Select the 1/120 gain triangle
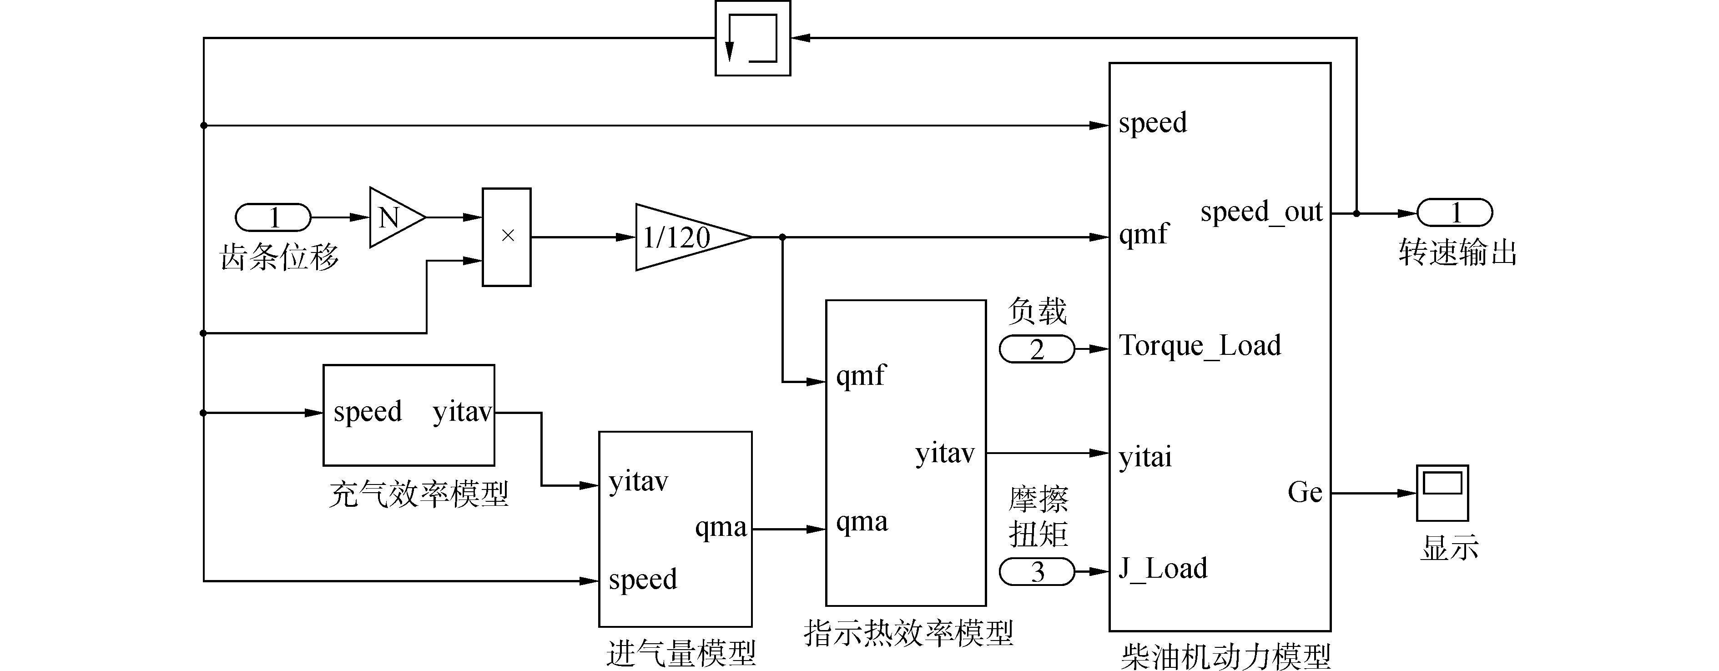point(691,237)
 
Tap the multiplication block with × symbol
point(506,237)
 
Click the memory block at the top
point(753,38)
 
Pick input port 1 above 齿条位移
point(273,217)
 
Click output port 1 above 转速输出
point(1455,213)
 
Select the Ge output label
point(1305,493)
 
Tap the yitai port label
point(1145,457)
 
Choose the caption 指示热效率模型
point(908,633)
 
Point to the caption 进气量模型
point(681,653)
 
